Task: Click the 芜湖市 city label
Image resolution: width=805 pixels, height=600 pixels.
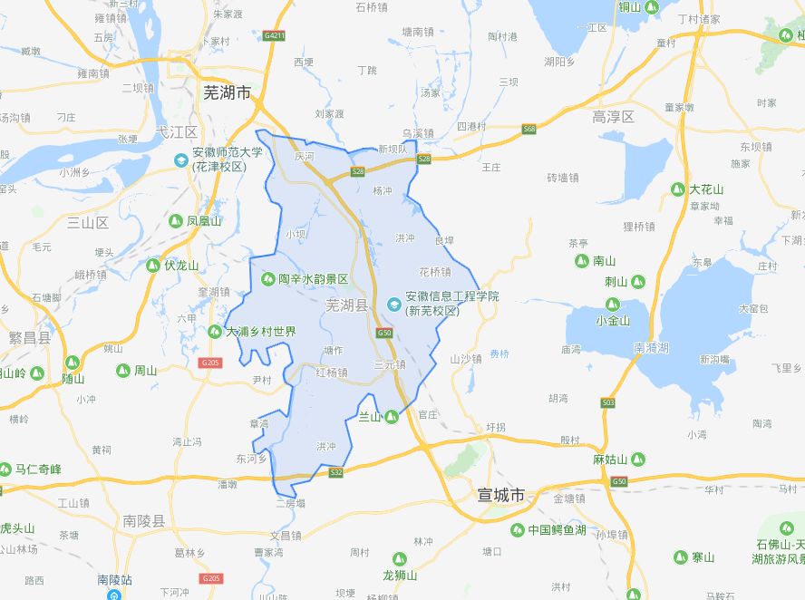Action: click(226, 92)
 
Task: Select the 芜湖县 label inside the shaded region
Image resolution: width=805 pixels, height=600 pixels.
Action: click(347, 306)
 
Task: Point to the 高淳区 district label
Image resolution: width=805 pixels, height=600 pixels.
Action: click(613, 117)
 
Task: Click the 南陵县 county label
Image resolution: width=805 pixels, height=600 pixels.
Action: click(144, 521)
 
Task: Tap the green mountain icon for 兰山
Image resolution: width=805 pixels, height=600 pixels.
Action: click(391, 417)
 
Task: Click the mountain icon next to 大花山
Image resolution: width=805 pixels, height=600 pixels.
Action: click(677, 189)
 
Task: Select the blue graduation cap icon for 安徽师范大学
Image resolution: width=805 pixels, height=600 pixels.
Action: click(181, 160)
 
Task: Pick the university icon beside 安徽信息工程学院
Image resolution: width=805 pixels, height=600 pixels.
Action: click(393, 304)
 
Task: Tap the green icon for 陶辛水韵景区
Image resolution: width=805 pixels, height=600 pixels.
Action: click(268, 279)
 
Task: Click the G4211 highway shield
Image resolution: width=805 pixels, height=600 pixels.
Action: click(274, 35)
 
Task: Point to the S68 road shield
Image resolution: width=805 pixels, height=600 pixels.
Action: click(529, 130)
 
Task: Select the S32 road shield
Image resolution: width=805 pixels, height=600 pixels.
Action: click(336, 472)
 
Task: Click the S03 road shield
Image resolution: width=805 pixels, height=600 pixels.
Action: click(607, 402)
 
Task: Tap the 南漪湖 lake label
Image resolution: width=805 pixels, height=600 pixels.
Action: click(651, 347)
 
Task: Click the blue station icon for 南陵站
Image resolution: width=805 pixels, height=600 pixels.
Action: click(114, 595)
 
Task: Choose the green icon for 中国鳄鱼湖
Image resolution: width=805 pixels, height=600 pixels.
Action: click(517, 530)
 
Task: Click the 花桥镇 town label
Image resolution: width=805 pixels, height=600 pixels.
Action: click(435, 271)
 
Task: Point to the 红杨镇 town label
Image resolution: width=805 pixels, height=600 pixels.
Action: click(332, 373)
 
